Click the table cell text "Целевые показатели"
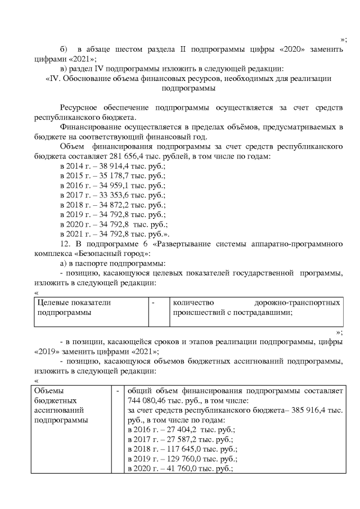click(x=74, y=303)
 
